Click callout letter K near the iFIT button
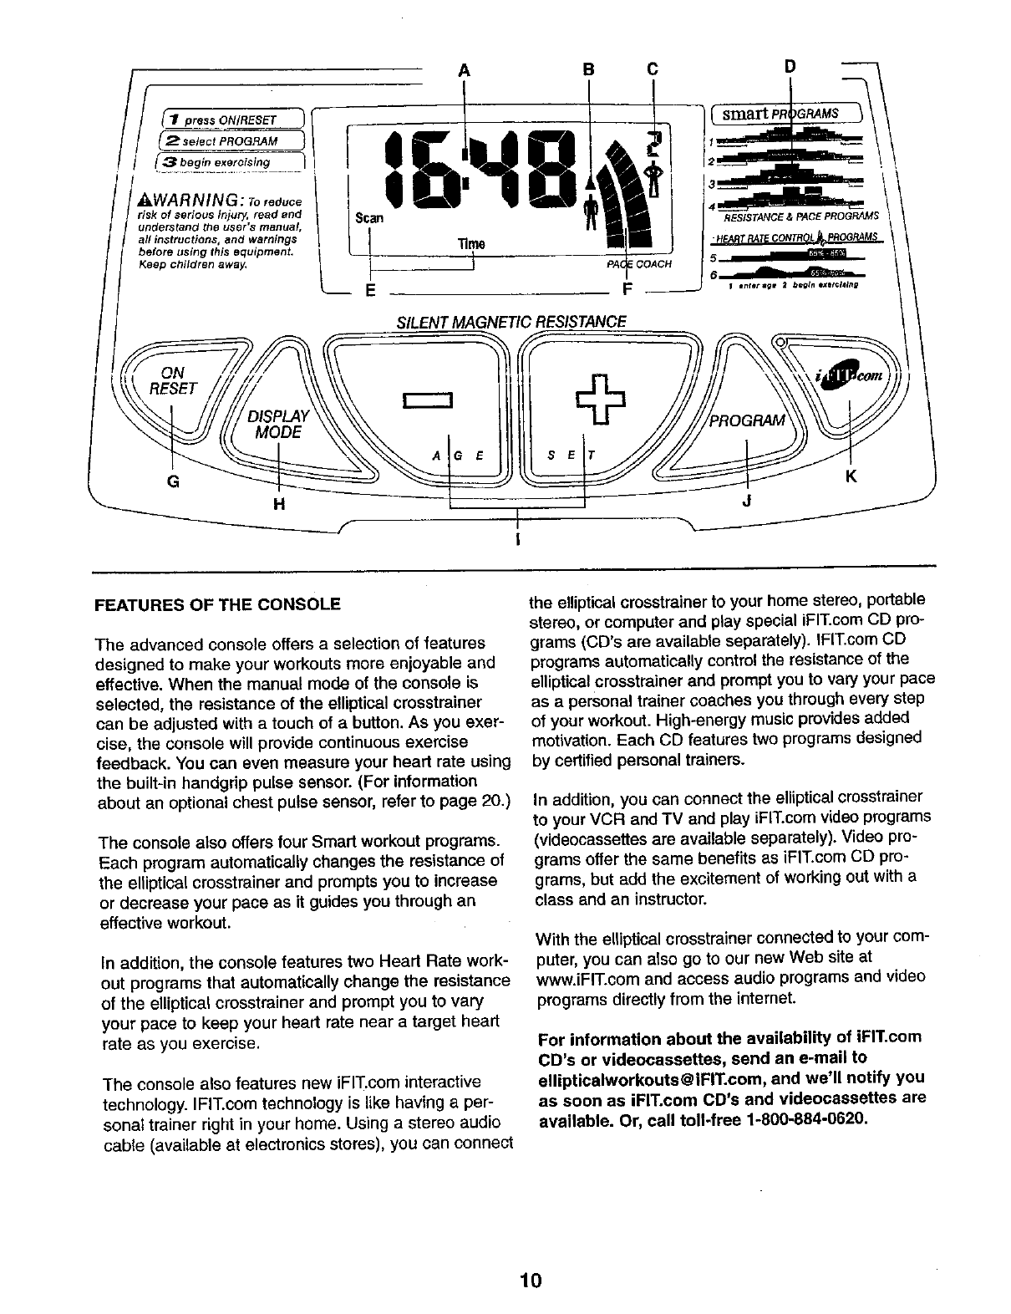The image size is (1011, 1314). (x=851, y=476)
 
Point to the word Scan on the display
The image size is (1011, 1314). (x=369, y=218)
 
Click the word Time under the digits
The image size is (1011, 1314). (x=465, y=243)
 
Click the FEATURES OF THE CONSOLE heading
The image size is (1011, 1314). (x=218, y=604)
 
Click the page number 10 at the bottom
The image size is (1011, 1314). (x=530, y=1280)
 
